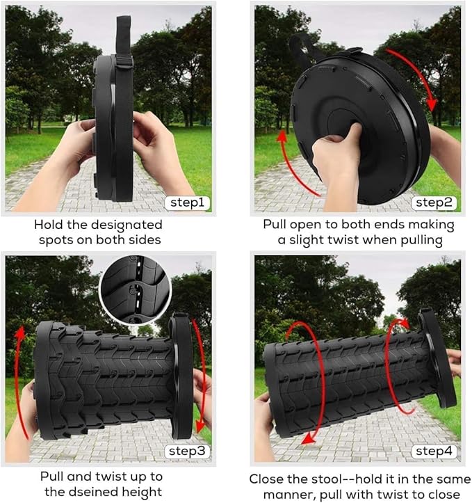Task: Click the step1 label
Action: [187, 203]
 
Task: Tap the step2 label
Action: [436, 202]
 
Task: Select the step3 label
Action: [187, 451]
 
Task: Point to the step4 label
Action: [436, 451]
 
